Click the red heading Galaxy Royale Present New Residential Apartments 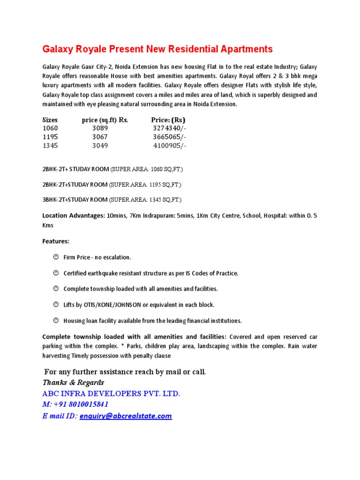[x=157, y=49]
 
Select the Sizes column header [x=50, y=120]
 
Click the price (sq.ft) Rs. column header [x=105, y=120]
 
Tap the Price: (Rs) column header [x=168, y=120]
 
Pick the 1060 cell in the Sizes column [x=50, y=128]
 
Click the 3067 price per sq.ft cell [x=100, y=137]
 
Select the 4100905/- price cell [x=170, y=145]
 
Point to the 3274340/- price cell [x=170, y=128]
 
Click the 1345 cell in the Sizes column [x=50, y=145]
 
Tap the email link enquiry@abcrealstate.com [x=132, y=416]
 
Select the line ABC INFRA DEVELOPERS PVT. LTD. [x=111, y=393]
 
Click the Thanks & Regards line [x=73, y=382]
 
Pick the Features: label [x=56, y=241]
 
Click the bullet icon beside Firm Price [x=55, y=257]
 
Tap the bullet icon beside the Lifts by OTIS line [x=55, y=305]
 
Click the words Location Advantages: [x=74, y=216]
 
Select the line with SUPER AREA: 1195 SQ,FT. [x=112, y=184]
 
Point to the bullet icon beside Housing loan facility [x=55, y=321]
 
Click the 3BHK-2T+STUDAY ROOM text [x=75, y=200]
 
